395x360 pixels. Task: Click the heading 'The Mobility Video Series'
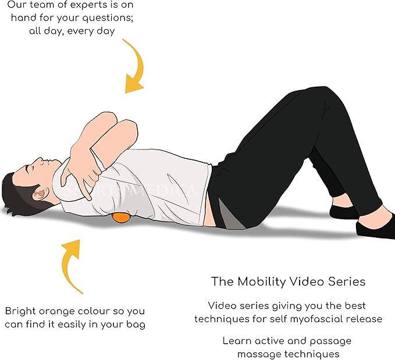[288, 281]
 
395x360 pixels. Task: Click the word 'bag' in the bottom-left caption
[136, 324]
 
